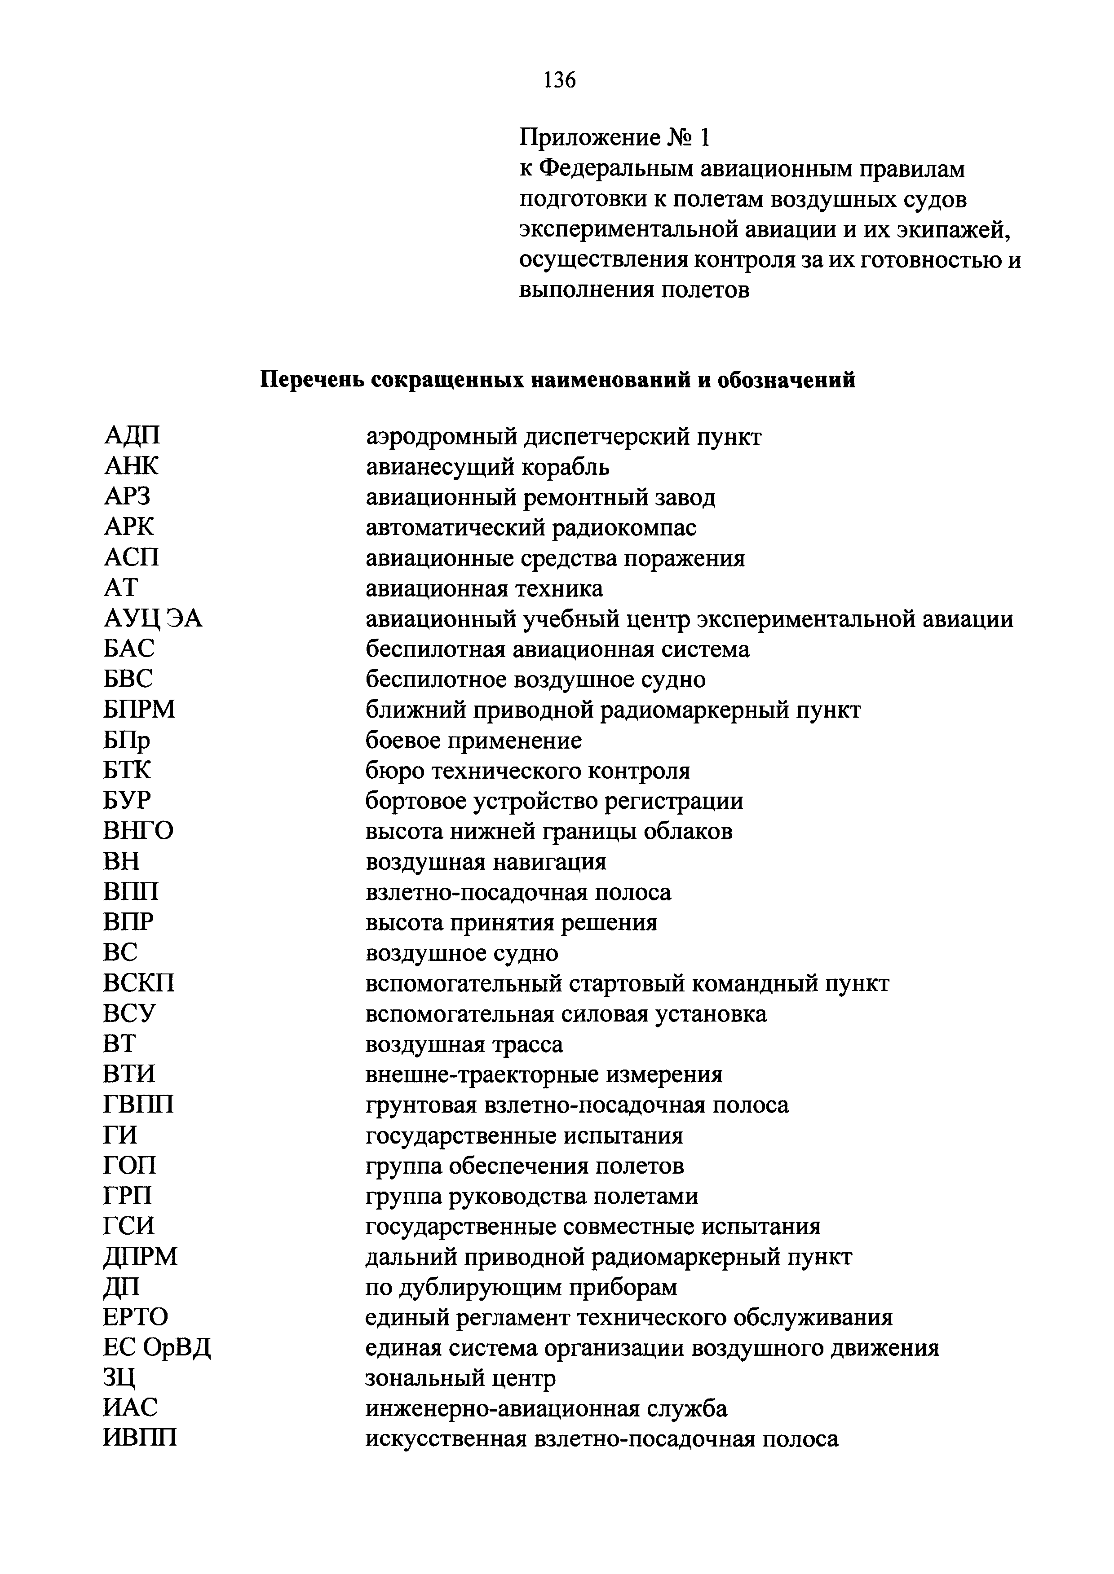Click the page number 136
click(x=559, y=81)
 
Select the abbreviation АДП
click(x=133, y=436)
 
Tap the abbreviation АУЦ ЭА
click(x=153, y=618)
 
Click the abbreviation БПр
click(x=127, y=741)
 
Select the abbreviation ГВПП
click(x=138, y=1105)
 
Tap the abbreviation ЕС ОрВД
click(x=157, y=1348)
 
